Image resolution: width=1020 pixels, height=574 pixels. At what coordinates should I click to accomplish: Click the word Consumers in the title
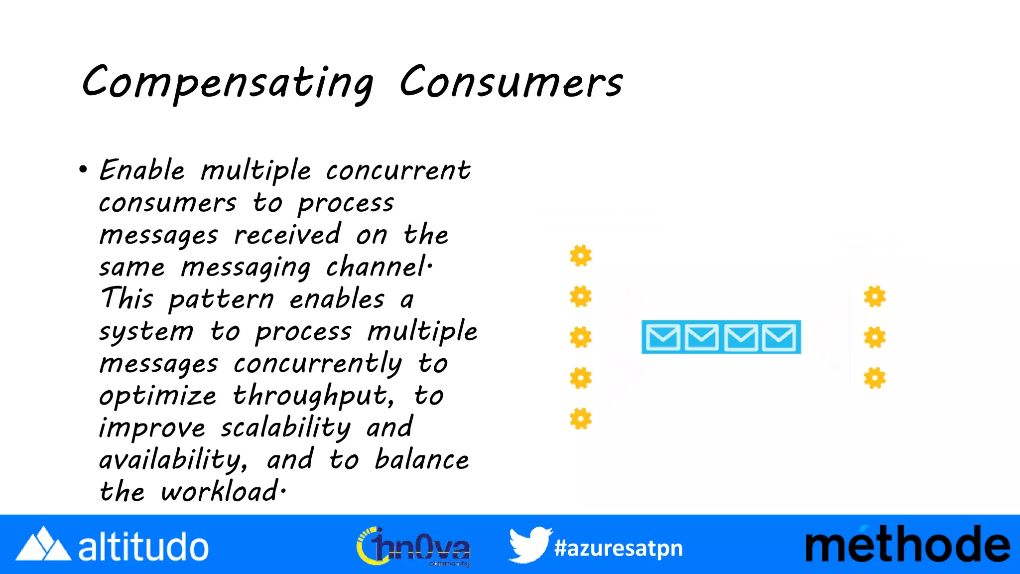[511, 82]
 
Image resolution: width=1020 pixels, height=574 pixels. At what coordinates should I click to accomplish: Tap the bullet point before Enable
[83, 170]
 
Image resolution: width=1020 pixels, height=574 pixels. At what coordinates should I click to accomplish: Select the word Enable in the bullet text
[142, 170]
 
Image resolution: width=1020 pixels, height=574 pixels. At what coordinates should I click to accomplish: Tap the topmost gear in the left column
[581, 256]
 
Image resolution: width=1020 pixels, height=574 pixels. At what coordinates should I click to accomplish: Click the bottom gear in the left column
[581, 419]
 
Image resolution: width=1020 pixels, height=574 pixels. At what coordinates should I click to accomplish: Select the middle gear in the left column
[581, 337]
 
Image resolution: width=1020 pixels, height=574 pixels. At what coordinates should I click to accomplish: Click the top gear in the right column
[875, 297]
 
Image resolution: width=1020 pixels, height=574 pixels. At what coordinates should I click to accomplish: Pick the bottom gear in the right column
[875, 378]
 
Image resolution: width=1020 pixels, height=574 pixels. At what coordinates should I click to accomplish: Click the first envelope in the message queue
[662, 337]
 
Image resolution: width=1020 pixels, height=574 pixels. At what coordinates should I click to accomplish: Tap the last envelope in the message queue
[779, 337]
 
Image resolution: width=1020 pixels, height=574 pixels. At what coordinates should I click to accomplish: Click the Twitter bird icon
[529, 545]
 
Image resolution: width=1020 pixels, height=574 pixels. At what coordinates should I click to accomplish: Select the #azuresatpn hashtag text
[618, 548]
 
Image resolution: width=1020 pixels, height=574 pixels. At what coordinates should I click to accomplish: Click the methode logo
[907, 545]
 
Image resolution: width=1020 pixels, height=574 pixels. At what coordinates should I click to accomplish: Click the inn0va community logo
[413, 547]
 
